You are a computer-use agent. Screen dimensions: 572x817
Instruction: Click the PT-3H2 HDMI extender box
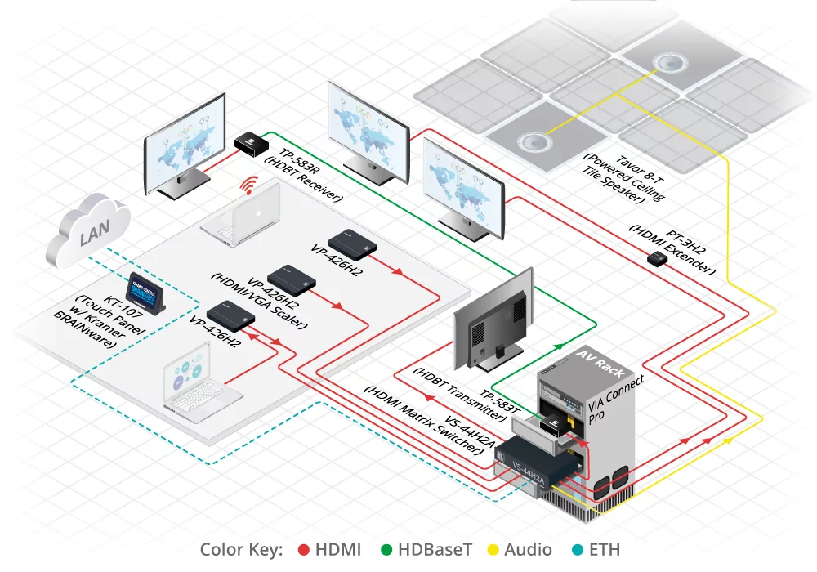click(656, 259)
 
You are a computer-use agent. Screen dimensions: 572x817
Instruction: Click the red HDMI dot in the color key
click(303, 550)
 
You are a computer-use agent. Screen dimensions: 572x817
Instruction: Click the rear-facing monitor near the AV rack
click(494, 323)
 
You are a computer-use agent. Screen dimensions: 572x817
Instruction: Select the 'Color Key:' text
click(241, 550)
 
